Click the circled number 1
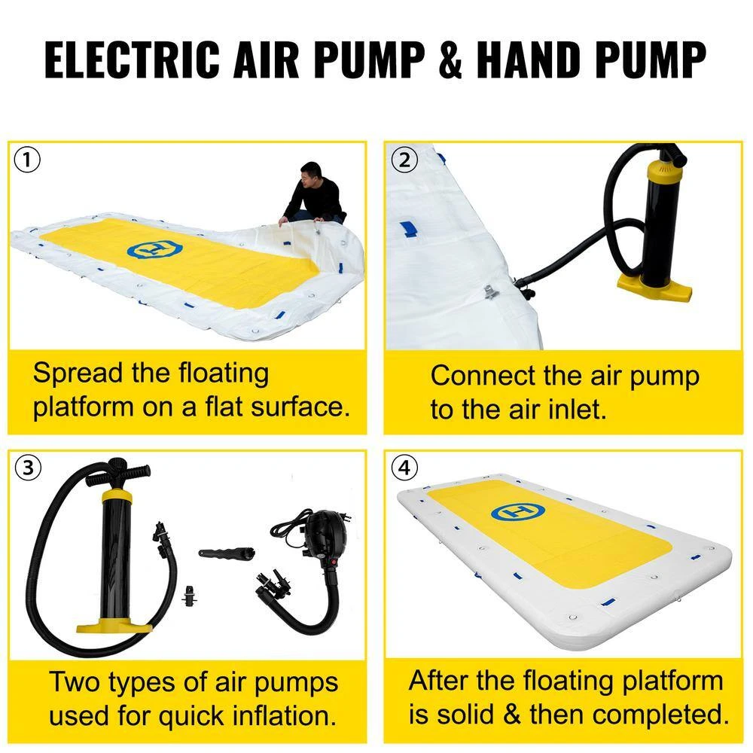28,160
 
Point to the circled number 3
28,468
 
